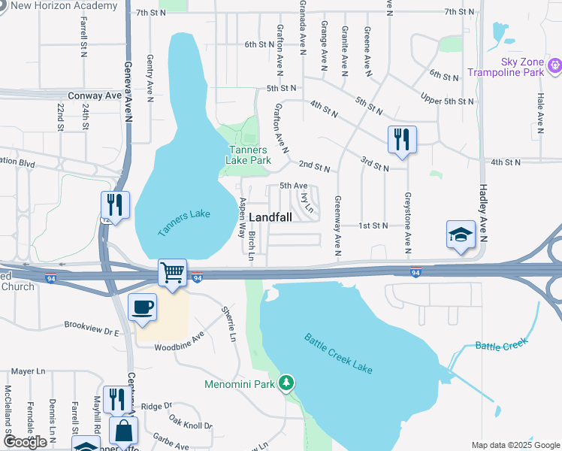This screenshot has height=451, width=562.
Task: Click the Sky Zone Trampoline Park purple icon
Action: (x=555, y=66)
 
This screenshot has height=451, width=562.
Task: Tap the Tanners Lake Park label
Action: (x=249, y=155)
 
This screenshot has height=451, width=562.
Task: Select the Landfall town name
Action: (x=269, y=216)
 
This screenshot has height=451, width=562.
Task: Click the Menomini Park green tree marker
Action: (x=286, y=383)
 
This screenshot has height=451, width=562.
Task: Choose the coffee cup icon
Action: (x=142, y=307)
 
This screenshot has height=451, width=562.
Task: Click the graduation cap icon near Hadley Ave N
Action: (x=461, y=235)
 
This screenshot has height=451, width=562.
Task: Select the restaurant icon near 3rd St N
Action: (x=402, y=139)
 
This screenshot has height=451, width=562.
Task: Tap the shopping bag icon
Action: (x=123, y=431)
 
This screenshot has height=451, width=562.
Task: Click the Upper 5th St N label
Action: (x=448, y=101)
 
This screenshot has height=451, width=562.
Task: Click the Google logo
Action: (x=25, y=442)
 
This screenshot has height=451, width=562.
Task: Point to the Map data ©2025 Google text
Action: (x=515, y=445)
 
